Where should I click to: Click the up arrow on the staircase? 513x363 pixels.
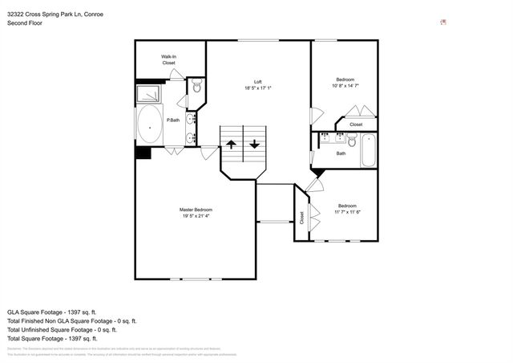[231, 145]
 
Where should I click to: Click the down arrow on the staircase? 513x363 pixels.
[254, 145]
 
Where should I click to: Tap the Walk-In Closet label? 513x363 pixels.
[168, 59]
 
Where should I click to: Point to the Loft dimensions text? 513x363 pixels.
[258, 88]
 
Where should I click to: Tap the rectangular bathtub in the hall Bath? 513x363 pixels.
[367, 149]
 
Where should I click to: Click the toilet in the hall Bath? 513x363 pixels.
[350, 144]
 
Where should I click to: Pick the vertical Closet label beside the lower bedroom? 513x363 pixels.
[302, 217]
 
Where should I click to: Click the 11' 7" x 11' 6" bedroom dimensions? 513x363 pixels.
[346, 211]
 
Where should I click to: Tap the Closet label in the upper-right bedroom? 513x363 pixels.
[356, 124]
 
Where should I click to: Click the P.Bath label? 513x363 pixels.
[172, 120]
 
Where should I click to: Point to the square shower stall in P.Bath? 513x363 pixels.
[150, 93]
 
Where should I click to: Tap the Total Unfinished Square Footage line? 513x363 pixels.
[63, 329]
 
